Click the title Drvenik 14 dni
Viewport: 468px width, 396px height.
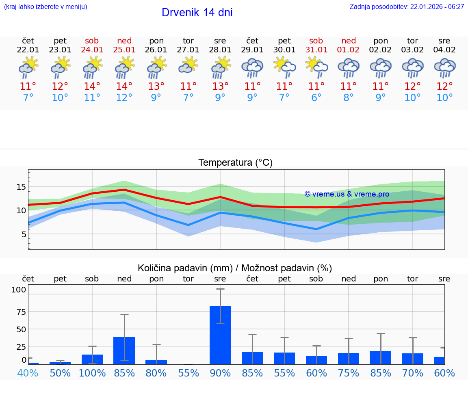pyautogui.click(x=197, y=13)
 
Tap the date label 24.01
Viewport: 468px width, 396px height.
pyautogui.click(x=92, y=50)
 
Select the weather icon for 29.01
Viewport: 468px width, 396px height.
pyautogui.click(x=252, y=67)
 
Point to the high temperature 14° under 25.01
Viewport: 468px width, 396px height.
pyautogui.click(x=124, y=86)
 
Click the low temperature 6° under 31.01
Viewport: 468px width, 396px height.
pyautogui.click(x=316, y=98)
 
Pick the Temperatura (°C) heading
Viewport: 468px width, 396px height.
pyautogui.click(x=235, y=163)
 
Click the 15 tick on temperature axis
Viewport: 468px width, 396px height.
pyautogui.click(x=21, y=187)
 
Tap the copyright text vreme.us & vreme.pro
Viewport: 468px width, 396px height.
pyautogui.click(x=347, y=194)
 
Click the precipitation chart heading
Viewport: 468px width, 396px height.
pyautogui.click(x=235, y=268)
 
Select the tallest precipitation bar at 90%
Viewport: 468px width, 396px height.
pyautogui.click(x=220, y=335)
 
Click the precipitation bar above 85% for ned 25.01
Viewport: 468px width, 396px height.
pyautogui.click(x=124, y=351)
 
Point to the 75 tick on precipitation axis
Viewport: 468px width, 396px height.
pyautogui.click(x=21, y=312)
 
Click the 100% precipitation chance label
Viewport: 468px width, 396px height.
pyautogui.click(x=92, y=373)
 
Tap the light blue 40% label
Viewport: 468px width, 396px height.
pyautogui.click(x=28, y=373)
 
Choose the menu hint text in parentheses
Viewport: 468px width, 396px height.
pyautogui.click(x=45, y=7)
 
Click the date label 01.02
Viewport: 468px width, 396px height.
pyautogui.click(x=348, y=50)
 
